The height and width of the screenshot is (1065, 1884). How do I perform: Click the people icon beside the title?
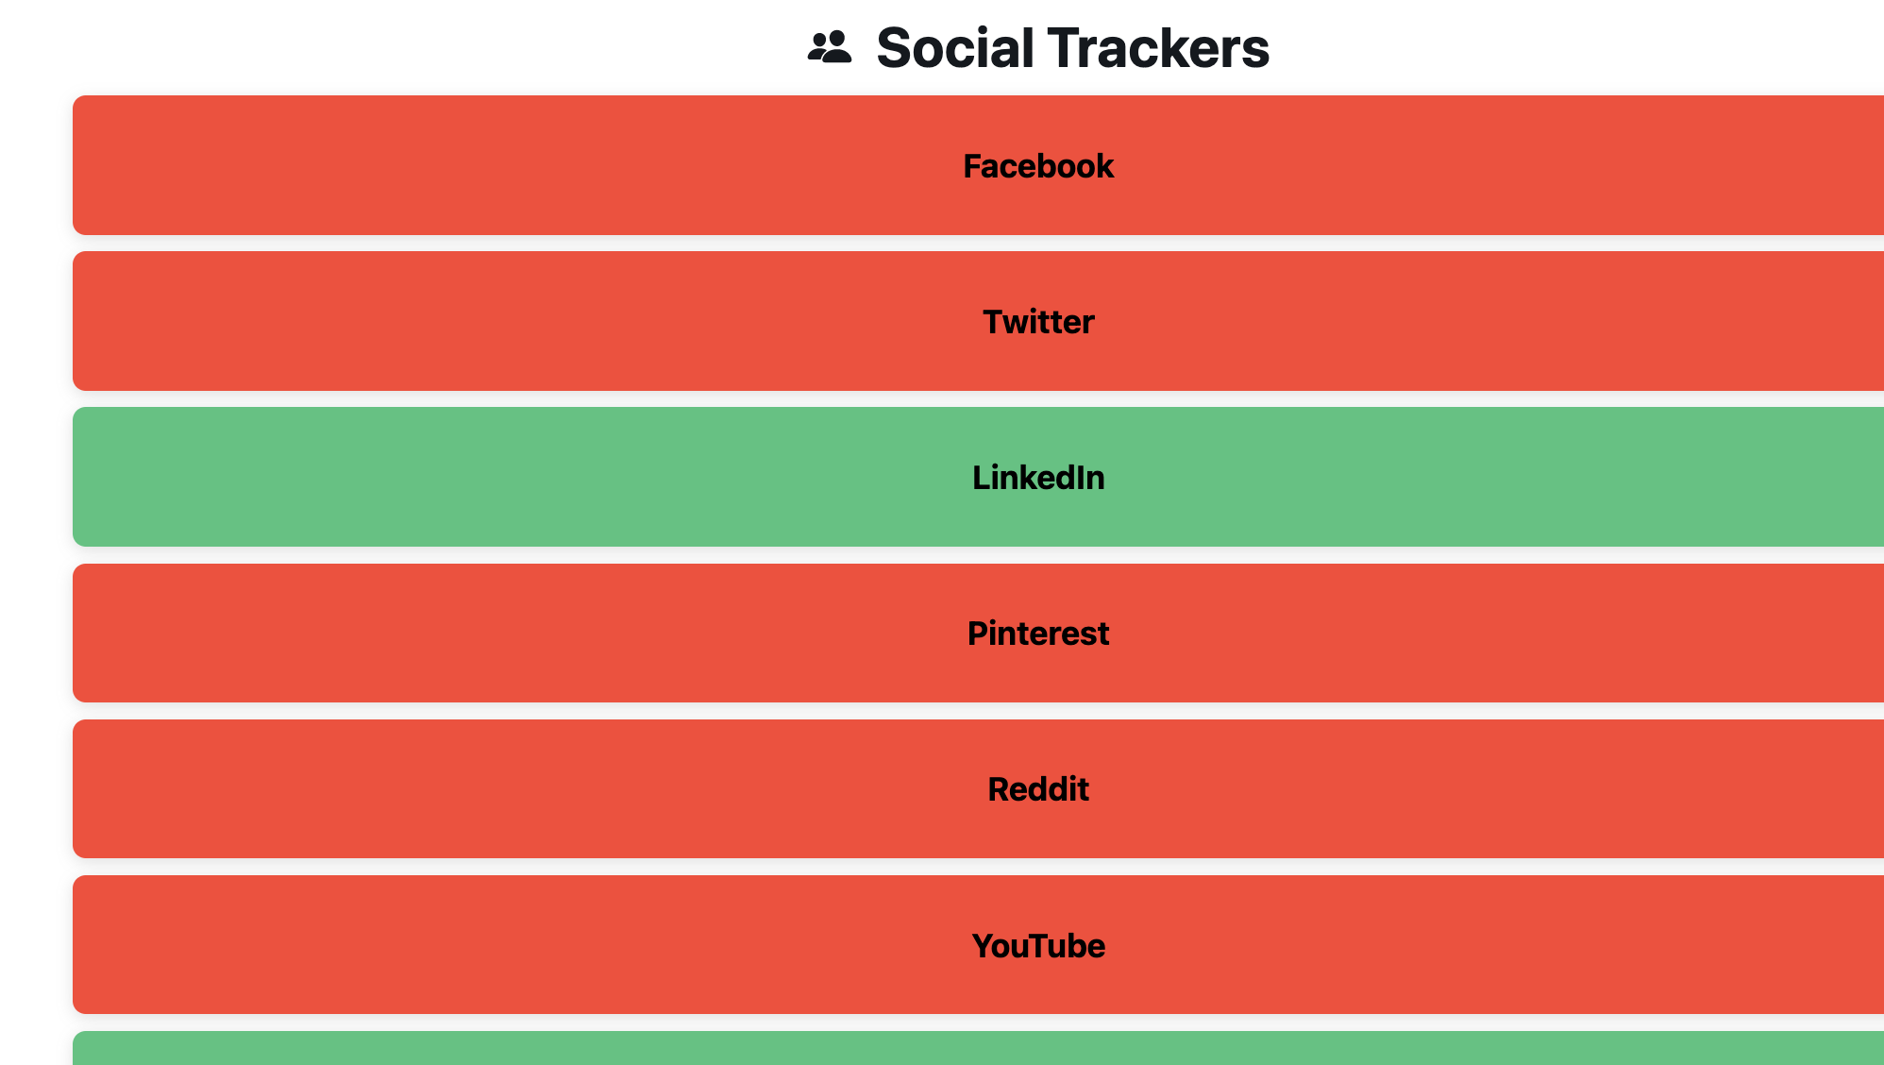830,47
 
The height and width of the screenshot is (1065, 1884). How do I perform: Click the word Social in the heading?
955,47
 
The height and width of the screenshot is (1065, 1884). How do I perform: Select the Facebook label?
1038,166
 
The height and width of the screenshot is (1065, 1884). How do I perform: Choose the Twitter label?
1038,322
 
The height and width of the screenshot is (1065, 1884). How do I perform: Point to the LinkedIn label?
1038,478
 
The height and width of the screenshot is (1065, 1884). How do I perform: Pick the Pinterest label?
1038,634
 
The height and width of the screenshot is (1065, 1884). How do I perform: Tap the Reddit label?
1038,789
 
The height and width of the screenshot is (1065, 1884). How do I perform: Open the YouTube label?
1038,946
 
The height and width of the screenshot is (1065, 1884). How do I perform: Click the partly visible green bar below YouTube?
978,1048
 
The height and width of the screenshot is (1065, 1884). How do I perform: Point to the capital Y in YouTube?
984,946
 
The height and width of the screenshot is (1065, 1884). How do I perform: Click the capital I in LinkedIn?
1078,478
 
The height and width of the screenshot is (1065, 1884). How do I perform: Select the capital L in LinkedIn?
982,478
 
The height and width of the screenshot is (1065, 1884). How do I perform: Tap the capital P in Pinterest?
979,634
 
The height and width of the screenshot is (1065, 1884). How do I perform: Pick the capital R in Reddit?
1000,789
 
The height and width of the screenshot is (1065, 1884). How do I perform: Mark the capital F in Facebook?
973,166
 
